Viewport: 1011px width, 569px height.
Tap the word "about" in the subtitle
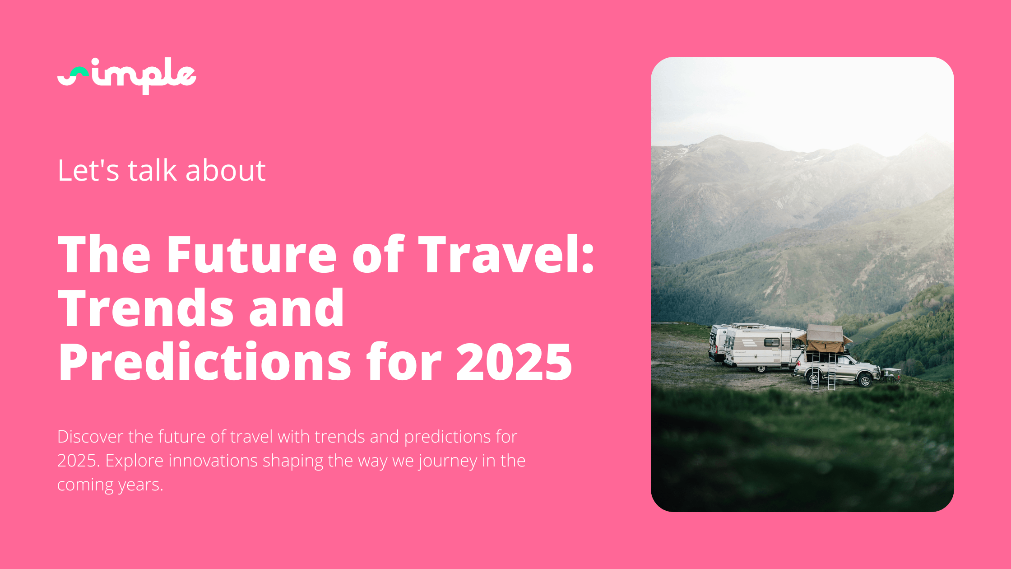pyautogui.click(x=225, y=171)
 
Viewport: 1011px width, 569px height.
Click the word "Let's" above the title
pyautogui.click(x=88, y=171)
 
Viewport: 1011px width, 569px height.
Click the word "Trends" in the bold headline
pyautogui.click(x=146, y=308)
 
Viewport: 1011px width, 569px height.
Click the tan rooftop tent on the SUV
pyautogui.click(x=824, y=339)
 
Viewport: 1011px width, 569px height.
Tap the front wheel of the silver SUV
pyautogui.click(x=865, y=381)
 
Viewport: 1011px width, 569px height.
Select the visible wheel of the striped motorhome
pyautogui.click(x=761, y=369)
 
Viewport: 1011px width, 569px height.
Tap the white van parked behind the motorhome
pyautogui.click(x=718, y=343)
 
